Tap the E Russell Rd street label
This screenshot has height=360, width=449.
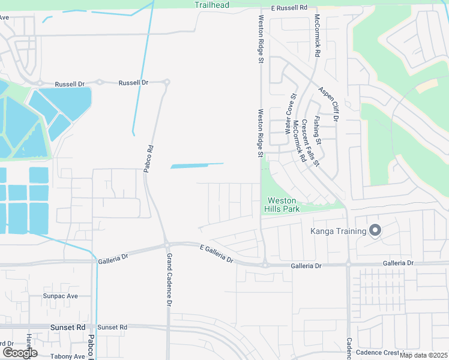pyautogui.click(x=289, y=8)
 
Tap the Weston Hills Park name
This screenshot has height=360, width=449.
pyautogui.click(x=282, y=205)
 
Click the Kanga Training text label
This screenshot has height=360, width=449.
pyautogui.click(x=338, y=232)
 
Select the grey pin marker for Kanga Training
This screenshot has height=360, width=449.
pyautogui.click(x=375, y=230)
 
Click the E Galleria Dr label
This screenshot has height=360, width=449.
pyautogui.click(x=216, y=253)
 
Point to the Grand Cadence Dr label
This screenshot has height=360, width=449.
pyautogui.click(x=169, y=280)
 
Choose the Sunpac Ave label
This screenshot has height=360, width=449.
pyautogui.click(x=61, y=296)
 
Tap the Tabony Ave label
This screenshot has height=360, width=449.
pyautogui.click(x=68, y=356)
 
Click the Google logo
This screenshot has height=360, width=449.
pyautogui.click(x=20, y=353)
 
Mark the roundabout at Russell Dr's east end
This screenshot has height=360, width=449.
pyautogui.click(x=167, y=82)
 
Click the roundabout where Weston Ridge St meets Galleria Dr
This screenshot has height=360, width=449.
pyautogui.click(x=264, y=265)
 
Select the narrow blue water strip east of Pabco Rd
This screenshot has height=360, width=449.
pyautogui.click(x=197, y=165)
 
